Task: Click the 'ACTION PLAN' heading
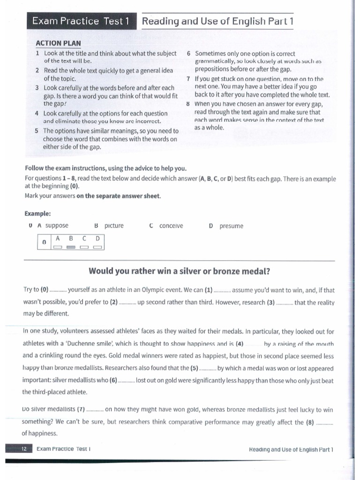(x=58, y=43)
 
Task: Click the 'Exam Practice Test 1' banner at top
(x=80, y=21)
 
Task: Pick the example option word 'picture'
(x=114, y=226)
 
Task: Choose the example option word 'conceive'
(x=171, y=226)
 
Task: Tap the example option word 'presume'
(x=231, y=226)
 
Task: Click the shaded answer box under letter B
(x=71, y=247)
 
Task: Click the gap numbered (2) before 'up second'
(x=127, y=302)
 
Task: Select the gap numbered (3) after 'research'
(x=285, y=302)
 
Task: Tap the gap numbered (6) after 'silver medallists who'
(x=126, y=380)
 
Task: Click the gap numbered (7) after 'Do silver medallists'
(x=95, y=409)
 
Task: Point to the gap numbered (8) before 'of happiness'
(x=325, y=422)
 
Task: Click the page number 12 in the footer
(x=23, y=449)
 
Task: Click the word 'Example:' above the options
(x=37, y=214)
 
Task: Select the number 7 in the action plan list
(x=188, y=79)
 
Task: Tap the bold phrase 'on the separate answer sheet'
(x=119, y=196)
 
